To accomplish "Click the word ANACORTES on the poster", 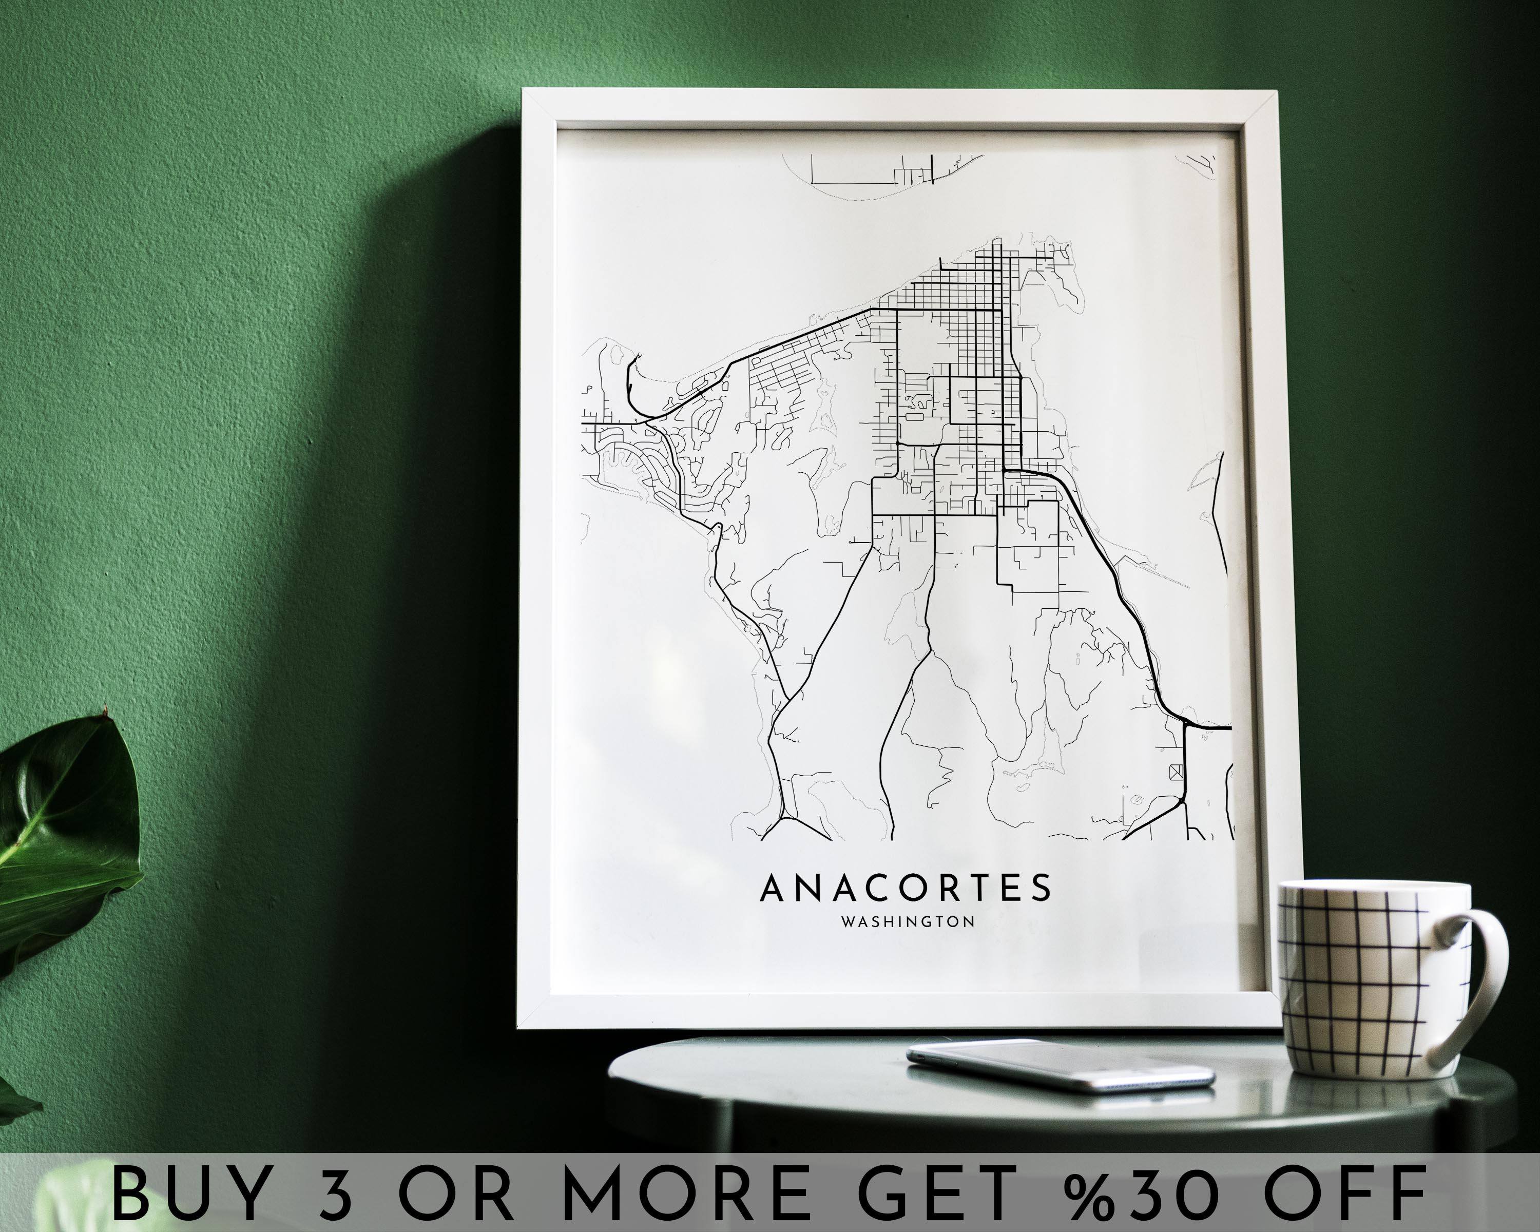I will pos(905,888).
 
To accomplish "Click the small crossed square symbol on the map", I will pos(1176,772).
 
